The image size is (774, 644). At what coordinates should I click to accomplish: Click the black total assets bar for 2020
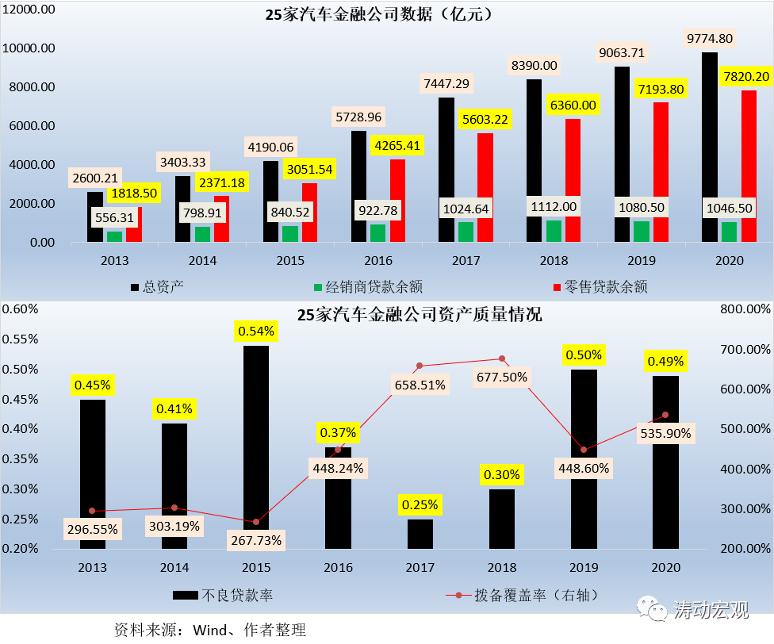pyautogui.click(x=710, y=148)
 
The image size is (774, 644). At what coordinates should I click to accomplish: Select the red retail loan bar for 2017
pyautogui.click(x=485, y=188)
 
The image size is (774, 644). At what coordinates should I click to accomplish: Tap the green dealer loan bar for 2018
pyautogui.click(x=554, y=231)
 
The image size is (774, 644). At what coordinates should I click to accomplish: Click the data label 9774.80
pyautogui.click(x=710, y=38)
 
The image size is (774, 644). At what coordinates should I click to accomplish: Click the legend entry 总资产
pyautogui.click(x=156, y=287)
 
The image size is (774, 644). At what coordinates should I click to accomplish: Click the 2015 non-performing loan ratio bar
pyautogui.click(x=256, y=447)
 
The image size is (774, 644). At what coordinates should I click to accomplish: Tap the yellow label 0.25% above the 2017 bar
pyautogui.click(x=420, y=504)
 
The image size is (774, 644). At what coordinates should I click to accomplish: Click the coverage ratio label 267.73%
pyautogui.click(x=256, y=540)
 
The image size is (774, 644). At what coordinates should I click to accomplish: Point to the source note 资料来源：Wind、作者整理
pyautogui.click(x=210, y=631)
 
